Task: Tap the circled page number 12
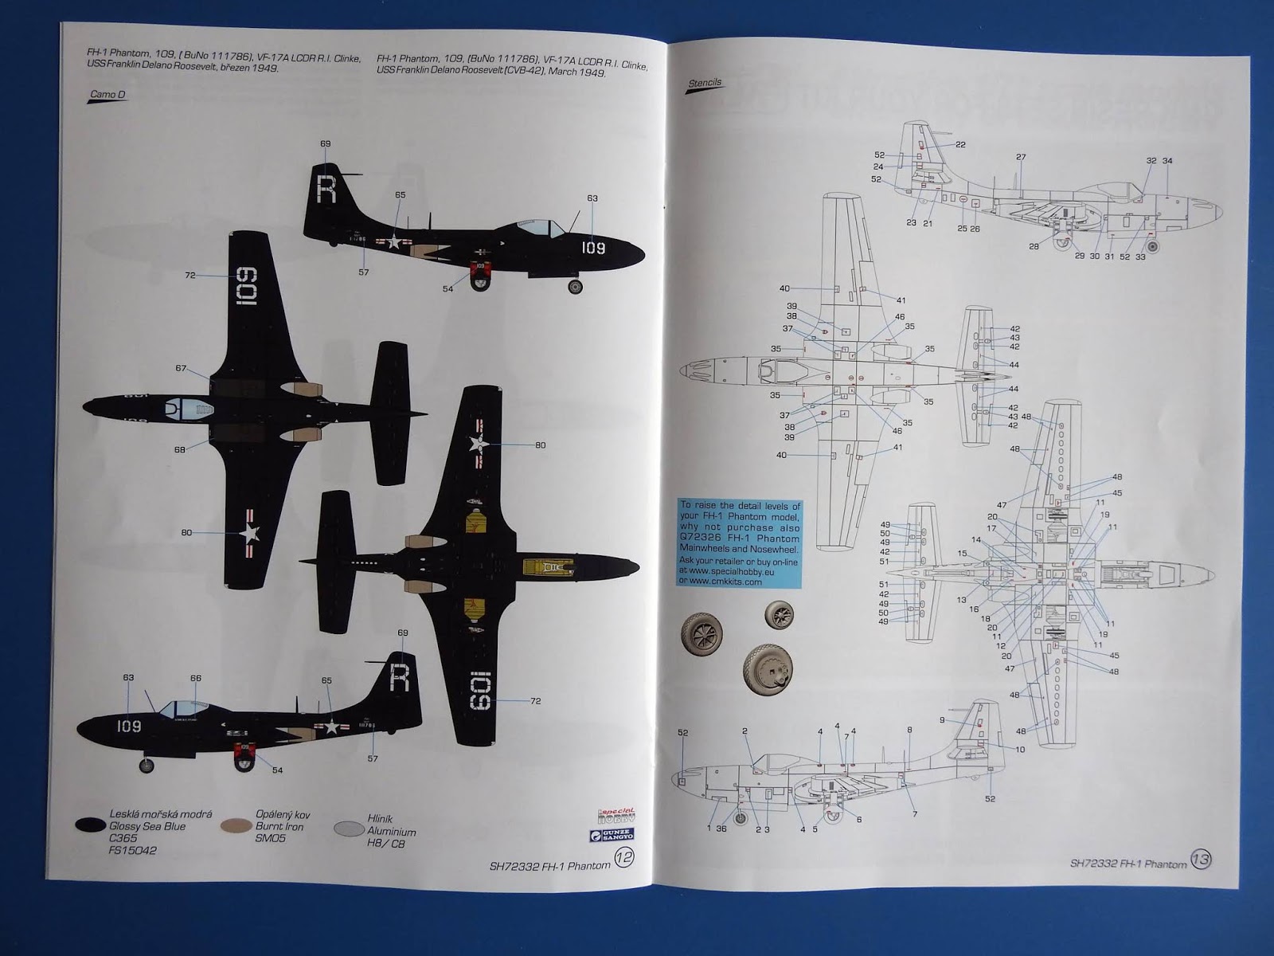(625, 858)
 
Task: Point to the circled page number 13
(1200, 860)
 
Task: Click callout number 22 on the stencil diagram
(960, 144)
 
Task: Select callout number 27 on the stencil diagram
(1021, 157)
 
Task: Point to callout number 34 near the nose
(1167, 161)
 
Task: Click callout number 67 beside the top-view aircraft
(182, 368)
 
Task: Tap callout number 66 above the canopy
(196, 678)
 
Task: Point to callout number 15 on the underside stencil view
(963, 553)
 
